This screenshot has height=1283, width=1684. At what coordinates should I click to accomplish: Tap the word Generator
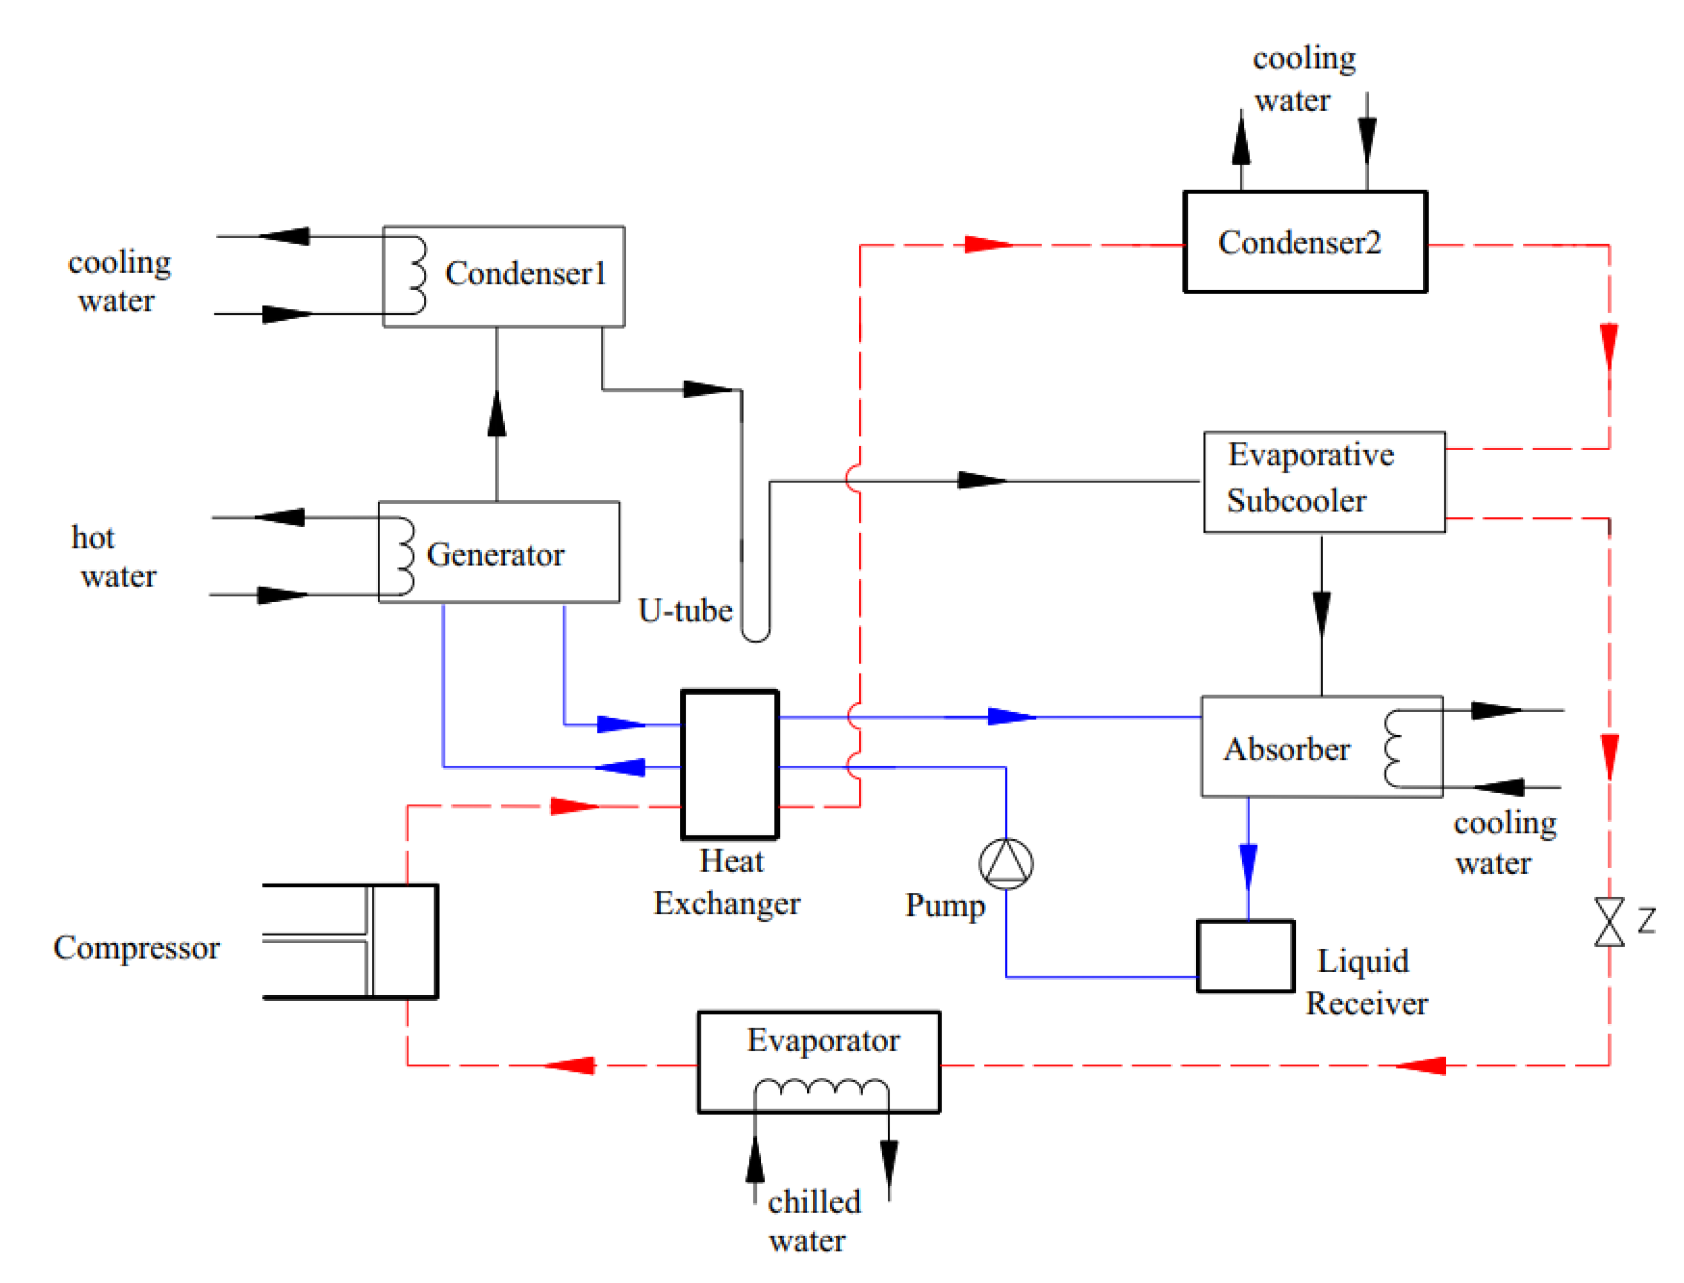tap(495, 554)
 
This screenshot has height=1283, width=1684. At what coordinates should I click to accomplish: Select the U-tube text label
tap(685, 610)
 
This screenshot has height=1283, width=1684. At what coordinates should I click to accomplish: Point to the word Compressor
tap(136, 948)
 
